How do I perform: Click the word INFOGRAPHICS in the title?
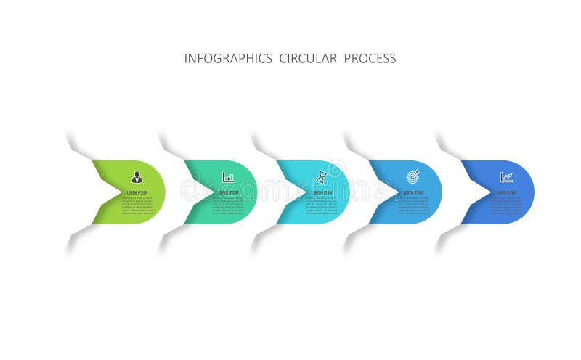click(228, 59)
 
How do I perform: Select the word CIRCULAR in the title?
click(308, 59)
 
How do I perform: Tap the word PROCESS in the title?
click(370, 59)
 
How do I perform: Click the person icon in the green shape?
click(137, 177)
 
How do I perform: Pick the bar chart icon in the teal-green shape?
click(229, 177)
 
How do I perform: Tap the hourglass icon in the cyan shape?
click(321, 177)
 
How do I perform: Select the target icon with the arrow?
click(413, 176)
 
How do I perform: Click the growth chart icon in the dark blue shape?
click(506, 177)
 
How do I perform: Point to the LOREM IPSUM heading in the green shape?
click(137, 192)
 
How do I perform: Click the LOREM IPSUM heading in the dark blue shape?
click(506, 192)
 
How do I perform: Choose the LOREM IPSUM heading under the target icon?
click(414, 192)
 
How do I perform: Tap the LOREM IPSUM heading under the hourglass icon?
click(322, 192)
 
